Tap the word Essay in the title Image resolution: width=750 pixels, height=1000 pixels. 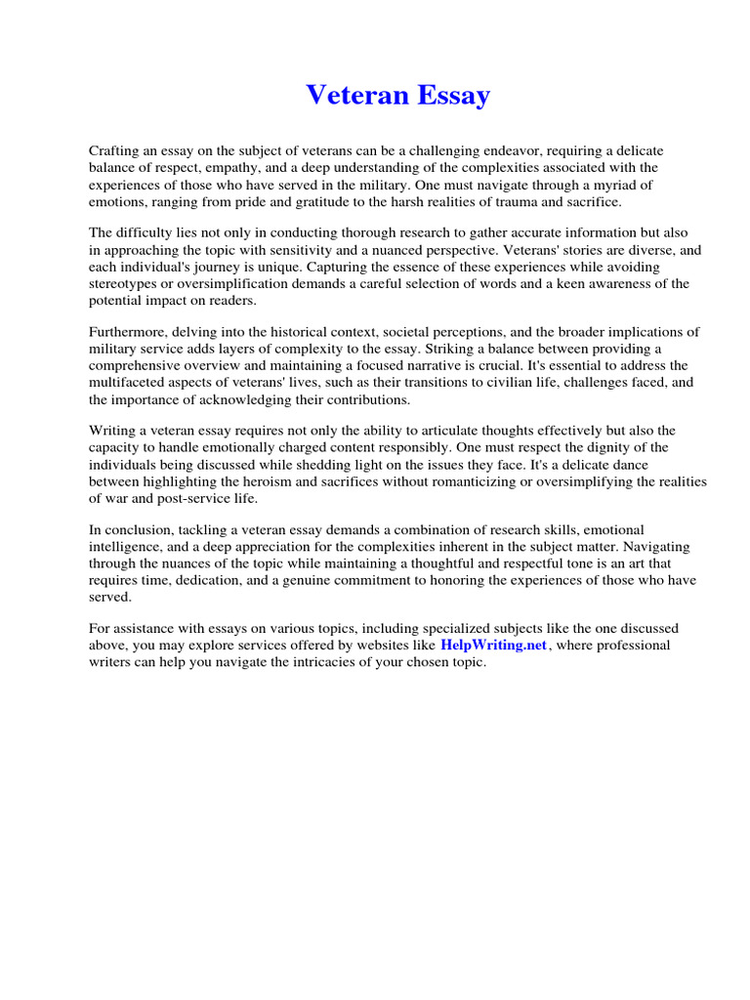(x=450, y=96)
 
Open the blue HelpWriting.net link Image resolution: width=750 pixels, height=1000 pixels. (x=493, y=646)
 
